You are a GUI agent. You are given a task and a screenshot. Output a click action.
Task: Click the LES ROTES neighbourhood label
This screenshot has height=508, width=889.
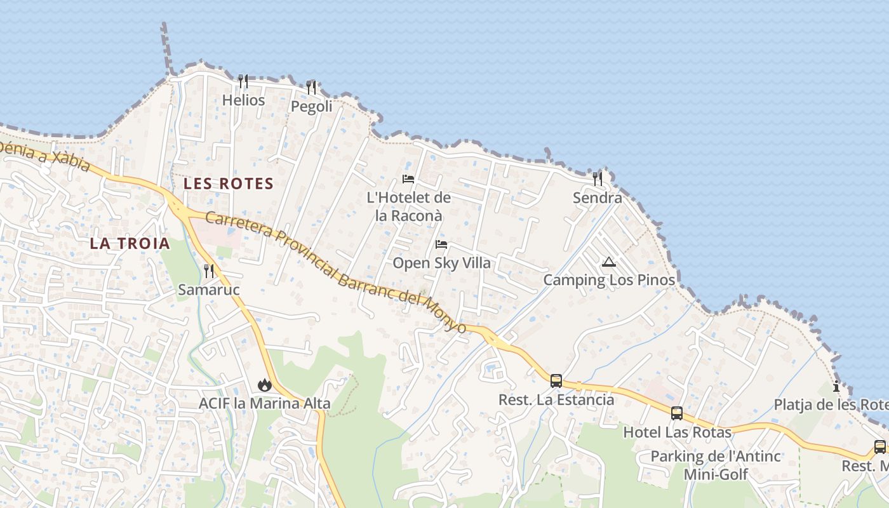(x=229, y=184)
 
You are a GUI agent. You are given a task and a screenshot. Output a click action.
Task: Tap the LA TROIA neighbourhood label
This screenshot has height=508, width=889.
(x=130, y=243)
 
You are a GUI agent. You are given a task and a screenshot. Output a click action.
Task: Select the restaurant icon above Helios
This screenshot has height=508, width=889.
(x=243, y=81)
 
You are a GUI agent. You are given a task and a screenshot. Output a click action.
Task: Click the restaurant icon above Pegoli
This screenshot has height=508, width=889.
(x=311, y=88)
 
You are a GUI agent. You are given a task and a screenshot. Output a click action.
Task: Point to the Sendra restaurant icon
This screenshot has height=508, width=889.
(x=597, y=179)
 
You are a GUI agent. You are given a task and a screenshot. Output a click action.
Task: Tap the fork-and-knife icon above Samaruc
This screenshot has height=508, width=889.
(x=208, y=271)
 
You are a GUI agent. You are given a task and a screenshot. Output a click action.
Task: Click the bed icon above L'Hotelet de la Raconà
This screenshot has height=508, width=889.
(x=408, y=179)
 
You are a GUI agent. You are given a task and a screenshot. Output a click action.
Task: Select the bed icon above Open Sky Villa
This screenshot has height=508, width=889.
(x=441, y=244)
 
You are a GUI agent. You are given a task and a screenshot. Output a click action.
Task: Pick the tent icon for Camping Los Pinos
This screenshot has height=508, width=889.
(x=609, y=262)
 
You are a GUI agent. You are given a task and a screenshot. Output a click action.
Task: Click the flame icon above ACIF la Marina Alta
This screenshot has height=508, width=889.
(x=264, y=385)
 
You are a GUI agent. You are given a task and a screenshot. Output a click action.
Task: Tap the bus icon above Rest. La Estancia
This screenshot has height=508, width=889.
(x=556, y=381)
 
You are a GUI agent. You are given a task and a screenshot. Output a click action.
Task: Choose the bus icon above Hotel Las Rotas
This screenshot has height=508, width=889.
(x=677, y=413)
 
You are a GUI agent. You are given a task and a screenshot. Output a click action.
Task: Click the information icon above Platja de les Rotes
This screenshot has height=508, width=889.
(x=836, y=386)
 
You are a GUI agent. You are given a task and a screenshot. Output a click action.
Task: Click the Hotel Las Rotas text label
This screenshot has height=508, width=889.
(x=677, y=432)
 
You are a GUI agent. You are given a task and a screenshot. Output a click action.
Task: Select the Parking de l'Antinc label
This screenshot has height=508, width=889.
(x=716, y=456)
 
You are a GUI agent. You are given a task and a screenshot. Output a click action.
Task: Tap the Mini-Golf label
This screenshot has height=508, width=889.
(x=716, y=474)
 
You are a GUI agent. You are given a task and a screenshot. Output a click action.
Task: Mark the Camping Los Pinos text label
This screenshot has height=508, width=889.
(x=609, y=279)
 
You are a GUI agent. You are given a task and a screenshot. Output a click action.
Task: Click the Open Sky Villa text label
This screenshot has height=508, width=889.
(x=441, y=263)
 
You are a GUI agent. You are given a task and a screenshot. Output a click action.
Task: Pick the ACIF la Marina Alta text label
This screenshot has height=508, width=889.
(x=264, y=403)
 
